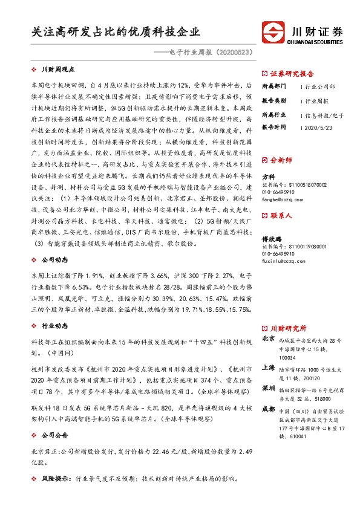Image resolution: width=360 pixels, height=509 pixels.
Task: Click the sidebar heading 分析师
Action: pos(281,160)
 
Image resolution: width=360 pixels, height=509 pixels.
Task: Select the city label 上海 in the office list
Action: pos(269,367)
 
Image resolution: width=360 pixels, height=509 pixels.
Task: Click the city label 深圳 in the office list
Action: pos(269,387)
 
